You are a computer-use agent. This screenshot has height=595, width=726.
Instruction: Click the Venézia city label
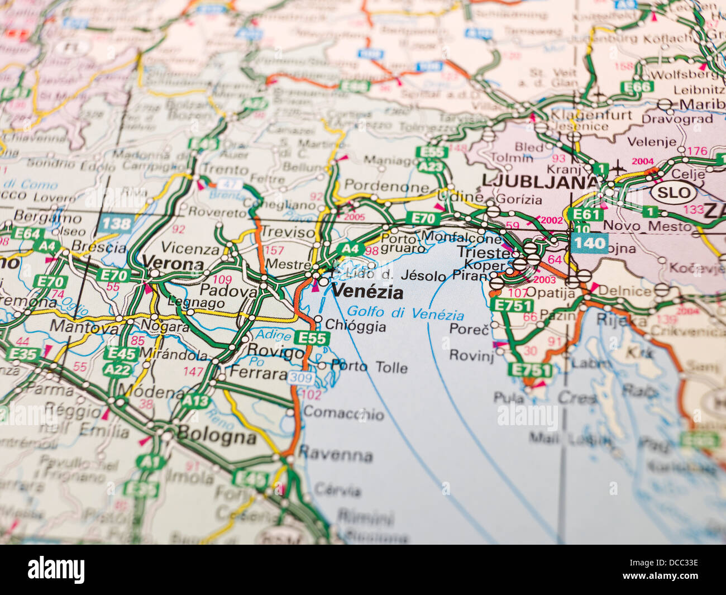367,291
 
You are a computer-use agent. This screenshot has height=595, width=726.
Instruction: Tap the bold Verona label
173,263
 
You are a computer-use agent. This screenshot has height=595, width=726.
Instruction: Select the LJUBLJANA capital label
539,181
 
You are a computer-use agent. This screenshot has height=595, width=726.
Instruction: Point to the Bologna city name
217,435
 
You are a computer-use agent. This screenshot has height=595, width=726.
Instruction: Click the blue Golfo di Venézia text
405,313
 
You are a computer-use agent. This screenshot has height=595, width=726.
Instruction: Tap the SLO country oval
674,193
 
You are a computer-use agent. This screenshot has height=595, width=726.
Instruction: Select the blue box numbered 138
116,224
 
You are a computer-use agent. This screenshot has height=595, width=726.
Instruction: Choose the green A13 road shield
195,401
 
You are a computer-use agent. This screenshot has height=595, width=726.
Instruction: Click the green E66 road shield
637,87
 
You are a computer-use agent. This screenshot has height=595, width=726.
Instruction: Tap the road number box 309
300,378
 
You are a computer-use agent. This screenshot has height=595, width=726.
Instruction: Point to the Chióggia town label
355,325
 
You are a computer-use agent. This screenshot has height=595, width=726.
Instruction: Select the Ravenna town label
336,454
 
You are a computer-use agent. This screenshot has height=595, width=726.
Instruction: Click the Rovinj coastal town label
471,355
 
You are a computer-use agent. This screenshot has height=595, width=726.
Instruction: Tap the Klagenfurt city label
591,115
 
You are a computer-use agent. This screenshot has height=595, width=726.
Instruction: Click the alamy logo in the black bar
56,570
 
